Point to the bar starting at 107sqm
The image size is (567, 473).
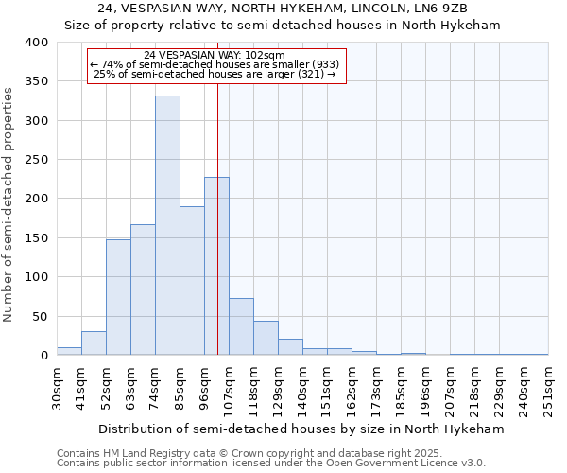pos(241,326)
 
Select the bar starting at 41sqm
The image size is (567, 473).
pos(94,343)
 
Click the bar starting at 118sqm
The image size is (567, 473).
pos(266,338)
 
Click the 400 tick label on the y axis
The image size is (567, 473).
pos(35,43)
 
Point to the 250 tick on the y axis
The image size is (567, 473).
pos(35,160)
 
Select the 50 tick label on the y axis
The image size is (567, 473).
pos(39,316)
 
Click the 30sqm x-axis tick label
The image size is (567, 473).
pos(58,387)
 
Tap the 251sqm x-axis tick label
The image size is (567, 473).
pos(549,387)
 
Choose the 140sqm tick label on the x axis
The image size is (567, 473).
pos(303,387)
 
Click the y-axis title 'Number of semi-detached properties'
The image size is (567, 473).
pos(9,203)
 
